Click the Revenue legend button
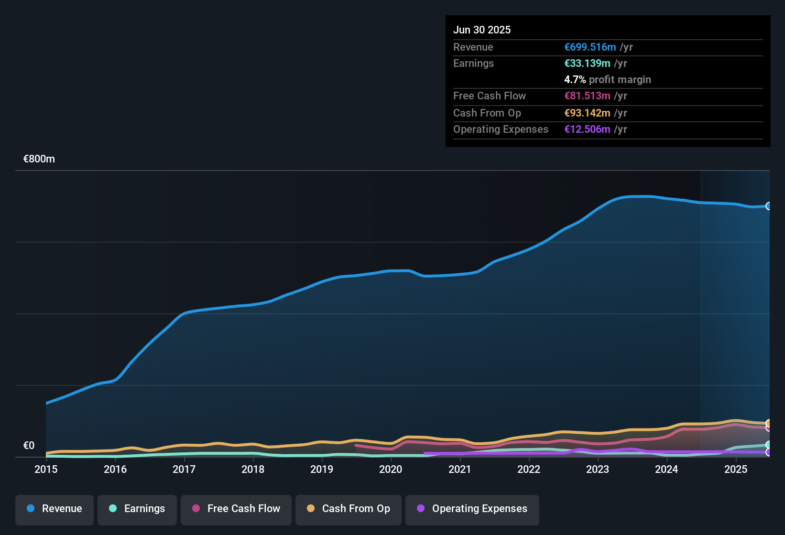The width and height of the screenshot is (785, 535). tap(55, 509)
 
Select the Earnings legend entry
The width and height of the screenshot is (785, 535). tap(137, 509)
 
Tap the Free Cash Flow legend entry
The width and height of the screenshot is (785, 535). tap(236, 509)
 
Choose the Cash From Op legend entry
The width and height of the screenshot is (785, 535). tap(349, 509)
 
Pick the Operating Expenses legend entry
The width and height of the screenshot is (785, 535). tap(472, 509)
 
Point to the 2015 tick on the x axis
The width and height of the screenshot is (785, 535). tap(46, 469)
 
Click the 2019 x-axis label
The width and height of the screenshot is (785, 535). tap(322, 469)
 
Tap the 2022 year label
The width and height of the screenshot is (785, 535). tap(529, 469)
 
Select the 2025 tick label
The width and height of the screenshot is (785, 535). tap(736, 469)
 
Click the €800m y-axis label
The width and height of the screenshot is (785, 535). tap(39, 159)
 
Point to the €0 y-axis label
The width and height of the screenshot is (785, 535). tap(29, 446)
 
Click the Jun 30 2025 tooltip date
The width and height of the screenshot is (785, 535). tap(482, 30)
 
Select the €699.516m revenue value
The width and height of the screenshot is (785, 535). tap(590, 47)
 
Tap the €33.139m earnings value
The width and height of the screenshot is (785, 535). tap(587, 64)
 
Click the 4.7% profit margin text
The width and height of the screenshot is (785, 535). tap(607, 80)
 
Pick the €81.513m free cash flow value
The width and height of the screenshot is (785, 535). tap(587, 96)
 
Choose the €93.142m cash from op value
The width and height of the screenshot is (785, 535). tap(587, 113)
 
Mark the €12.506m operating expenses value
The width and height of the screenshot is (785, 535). tap(587, 129)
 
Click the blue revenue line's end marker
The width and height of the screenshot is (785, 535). tap(769, 206)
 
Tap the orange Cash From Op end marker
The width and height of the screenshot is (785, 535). tap(769, 423)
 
